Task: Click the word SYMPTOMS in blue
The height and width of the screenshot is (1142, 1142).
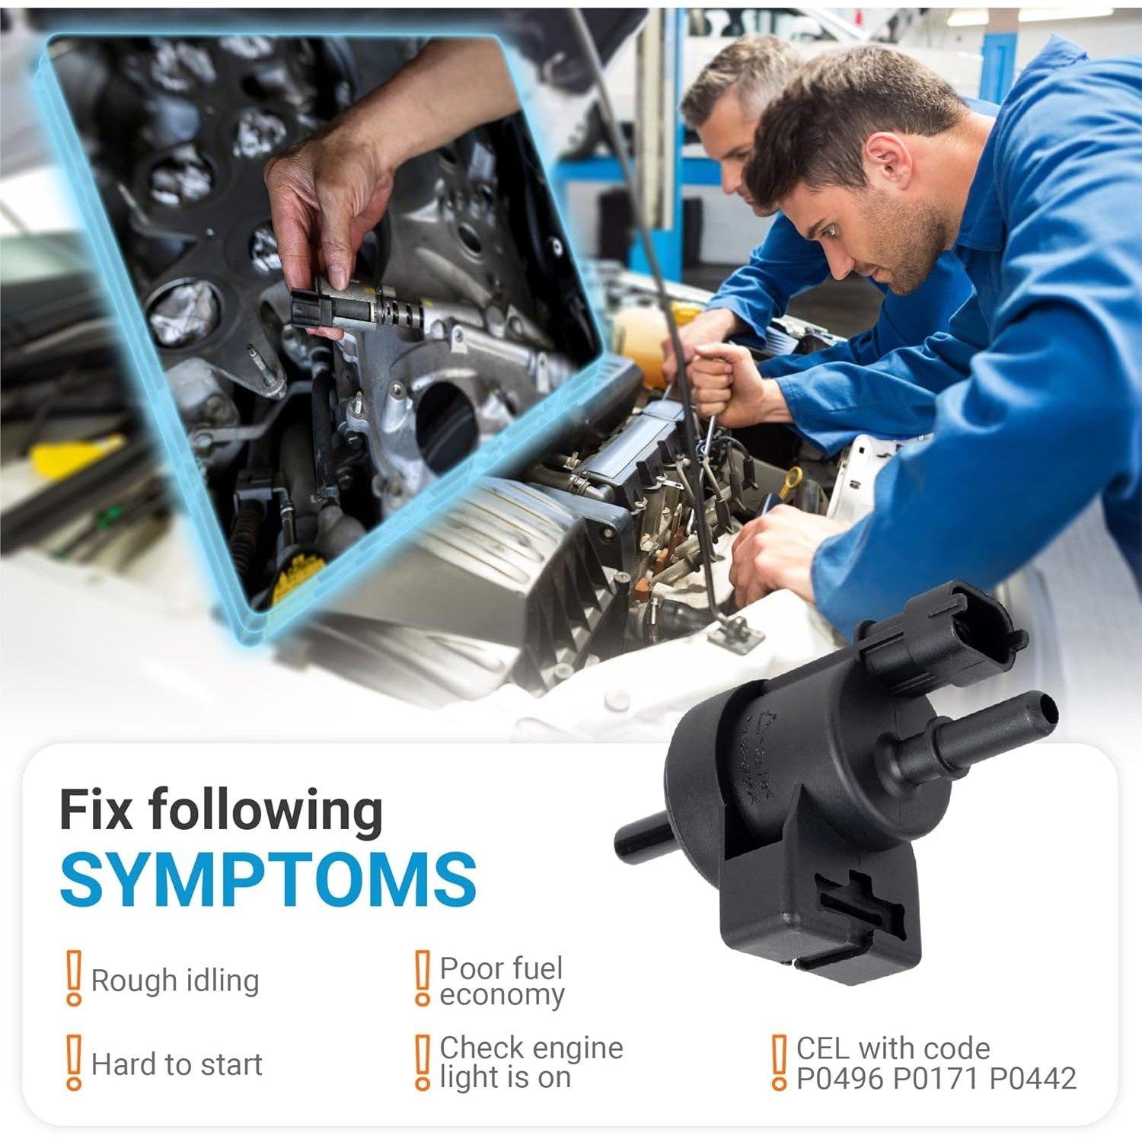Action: point(268,878)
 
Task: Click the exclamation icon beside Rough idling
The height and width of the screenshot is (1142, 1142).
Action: point(73,978)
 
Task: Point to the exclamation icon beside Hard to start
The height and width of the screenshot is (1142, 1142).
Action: point(73,1062)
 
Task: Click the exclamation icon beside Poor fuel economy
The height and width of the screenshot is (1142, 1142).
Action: point(422,978)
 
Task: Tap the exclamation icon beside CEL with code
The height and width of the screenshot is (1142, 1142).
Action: point(778,1062)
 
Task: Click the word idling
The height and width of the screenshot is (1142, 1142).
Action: point(220,981)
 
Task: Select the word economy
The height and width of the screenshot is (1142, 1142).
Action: point(502,995)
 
